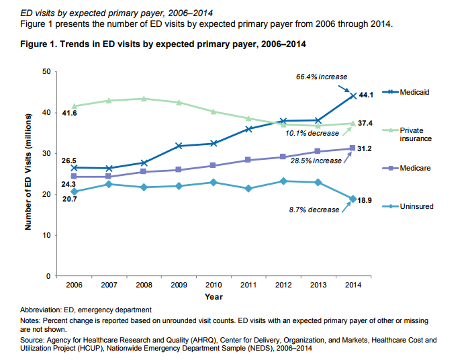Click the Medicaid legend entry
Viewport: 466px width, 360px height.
pos(414,91)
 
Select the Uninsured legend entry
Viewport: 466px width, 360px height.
pos(417,206)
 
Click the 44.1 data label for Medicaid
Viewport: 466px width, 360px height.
pos(365,95)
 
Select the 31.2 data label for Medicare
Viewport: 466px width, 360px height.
pos(365,148)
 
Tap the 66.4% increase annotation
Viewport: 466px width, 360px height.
pos(322,77)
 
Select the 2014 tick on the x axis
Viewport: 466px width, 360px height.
pos(353,285)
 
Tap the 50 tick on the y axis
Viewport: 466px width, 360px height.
pos(45,71)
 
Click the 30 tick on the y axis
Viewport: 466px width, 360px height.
pos(45,153)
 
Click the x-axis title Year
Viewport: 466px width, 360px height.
pos(214,296)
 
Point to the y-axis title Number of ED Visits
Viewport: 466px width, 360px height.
pos(29,174)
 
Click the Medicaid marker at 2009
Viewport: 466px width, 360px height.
pos(179,146)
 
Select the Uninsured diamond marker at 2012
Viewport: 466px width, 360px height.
pos(284,181)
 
